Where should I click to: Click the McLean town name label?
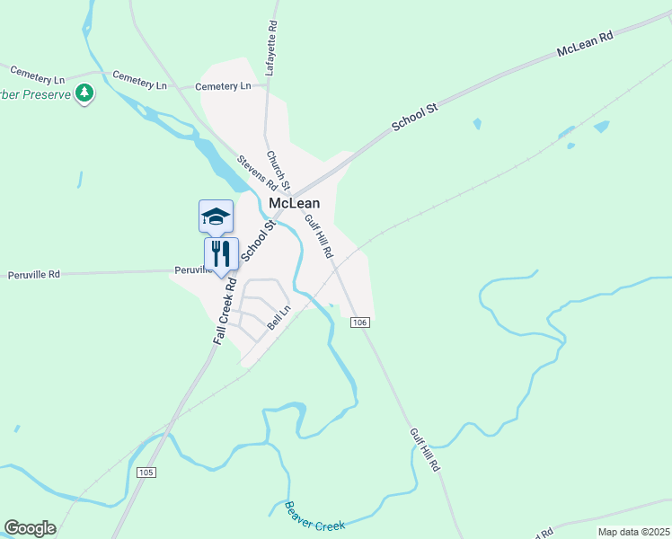(x=295, y=204)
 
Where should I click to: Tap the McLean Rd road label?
(x=584, y=43)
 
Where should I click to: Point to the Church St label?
(x=278, y=169)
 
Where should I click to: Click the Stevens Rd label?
(x=256, y=174)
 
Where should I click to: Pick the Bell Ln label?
(x=279, y=317)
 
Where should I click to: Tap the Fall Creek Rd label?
(x=226, y=311)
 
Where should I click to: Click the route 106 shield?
(x=360, y=322)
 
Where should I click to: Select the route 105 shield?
(x=147, y=473)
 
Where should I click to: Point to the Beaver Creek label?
(x=314, y=516)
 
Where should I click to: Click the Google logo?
(x=30, y=528)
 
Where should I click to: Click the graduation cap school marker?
(x=216, y=216)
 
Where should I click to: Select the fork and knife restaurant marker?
(x=220, y=254)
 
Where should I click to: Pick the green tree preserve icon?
(x=84, y=93)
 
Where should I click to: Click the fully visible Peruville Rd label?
(x=34, y=273)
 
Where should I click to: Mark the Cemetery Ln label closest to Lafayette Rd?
(x=223, y=86)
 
